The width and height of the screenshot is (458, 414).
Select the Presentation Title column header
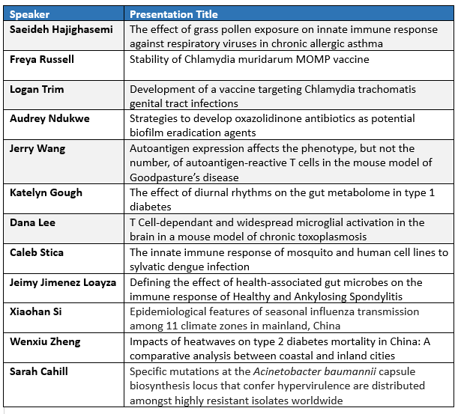(174, 14)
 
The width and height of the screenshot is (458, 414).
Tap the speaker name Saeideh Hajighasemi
(61, 29)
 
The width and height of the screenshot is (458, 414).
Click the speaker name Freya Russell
(43, 59)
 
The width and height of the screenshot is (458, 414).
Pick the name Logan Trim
(37, 89)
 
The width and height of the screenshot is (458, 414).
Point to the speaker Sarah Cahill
(39, 371)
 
